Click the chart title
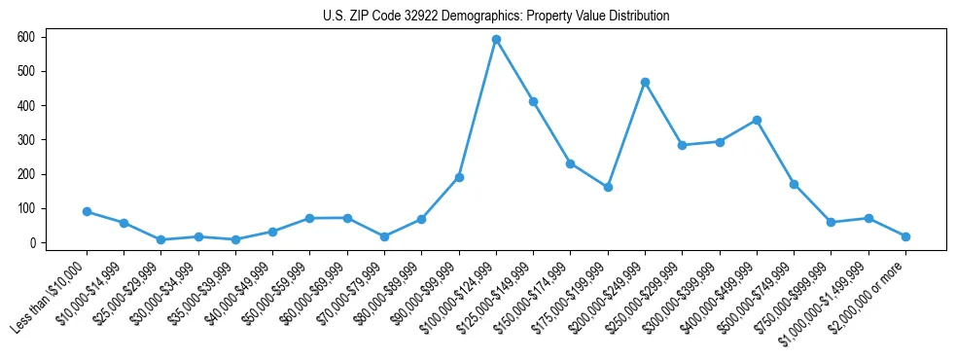click(x=496, y=17)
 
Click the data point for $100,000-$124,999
click(x=496, y=39)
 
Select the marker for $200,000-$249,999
click(x=645, y=82)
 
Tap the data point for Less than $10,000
click(x=87, y=211)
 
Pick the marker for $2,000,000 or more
click(x=905, y=236)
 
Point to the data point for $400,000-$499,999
click(x=757, y=120)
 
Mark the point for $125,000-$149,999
click(x=533, y=101)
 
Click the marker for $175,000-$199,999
click(x=608, y=187)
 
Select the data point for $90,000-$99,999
click(x=459, y=177)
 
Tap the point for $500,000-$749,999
click(x=794, y=184)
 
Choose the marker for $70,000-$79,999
click(x=384, y=236)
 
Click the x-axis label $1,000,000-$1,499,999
click(x=827, y=296)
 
